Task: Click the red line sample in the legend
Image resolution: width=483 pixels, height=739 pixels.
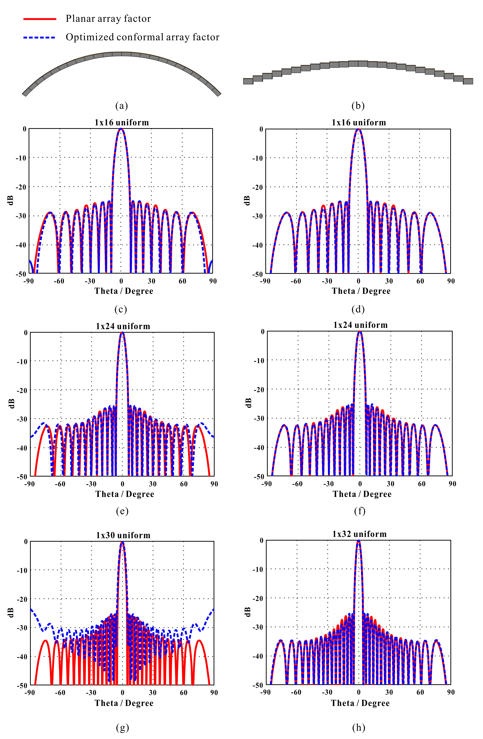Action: click(x=40, y=19)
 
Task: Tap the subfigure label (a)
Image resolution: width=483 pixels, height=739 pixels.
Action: click(x=121, y=106)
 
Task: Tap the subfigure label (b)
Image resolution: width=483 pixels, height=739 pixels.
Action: click(x=358, y=106)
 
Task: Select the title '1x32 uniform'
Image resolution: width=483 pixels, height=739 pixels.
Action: click(x=359, y=534)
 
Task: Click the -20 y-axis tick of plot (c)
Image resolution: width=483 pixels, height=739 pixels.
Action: click(x=21, y=187)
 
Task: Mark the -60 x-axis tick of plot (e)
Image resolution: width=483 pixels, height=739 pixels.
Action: click(x=60, y=484)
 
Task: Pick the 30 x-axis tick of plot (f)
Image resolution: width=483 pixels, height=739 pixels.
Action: click(x=390, y=484)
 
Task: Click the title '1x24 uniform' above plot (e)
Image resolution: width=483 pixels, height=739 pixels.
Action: click(x=123, y=326)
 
